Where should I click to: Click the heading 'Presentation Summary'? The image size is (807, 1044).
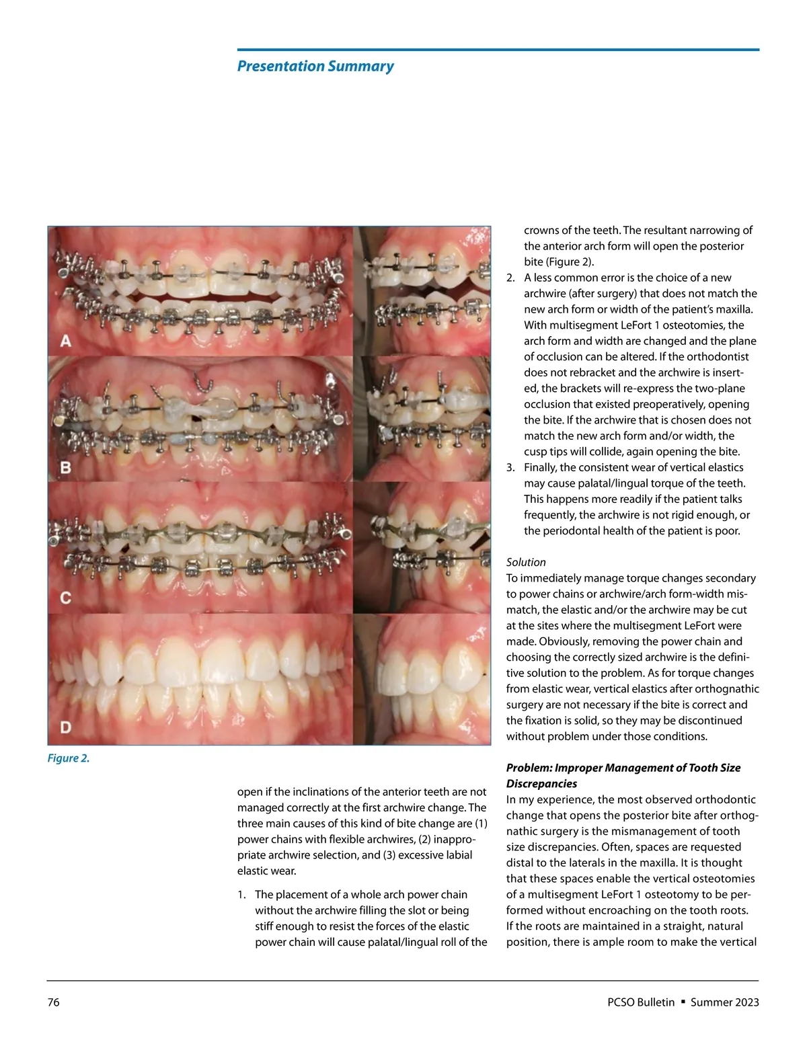tap(315, 66)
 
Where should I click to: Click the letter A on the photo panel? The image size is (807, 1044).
tap(66, 341)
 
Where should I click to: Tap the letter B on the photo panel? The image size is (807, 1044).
tap(66, 467)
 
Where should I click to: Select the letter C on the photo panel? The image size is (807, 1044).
tap(66, 598)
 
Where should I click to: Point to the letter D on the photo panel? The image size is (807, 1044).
tap(66, 727)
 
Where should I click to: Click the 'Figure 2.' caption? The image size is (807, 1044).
tap(68, 758)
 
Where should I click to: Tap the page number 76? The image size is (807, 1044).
tap(53, 1002)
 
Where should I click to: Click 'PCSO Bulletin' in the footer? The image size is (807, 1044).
tap(640, 1002)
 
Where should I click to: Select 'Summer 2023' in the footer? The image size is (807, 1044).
tap(724, 1002)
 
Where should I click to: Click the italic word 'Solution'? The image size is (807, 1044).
tap(526, 562)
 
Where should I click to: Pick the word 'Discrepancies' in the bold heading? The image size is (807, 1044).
tap(541, 784)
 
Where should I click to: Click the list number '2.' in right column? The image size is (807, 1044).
tap(511, 278)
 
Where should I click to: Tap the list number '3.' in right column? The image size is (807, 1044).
tap(511, 467)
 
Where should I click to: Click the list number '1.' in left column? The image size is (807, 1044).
tap(242, 895)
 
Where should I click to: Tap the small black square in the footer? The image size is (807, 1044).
tap(683, 1002)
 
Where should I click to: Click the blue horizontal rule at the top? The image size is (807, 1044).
tap(498, 50)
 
